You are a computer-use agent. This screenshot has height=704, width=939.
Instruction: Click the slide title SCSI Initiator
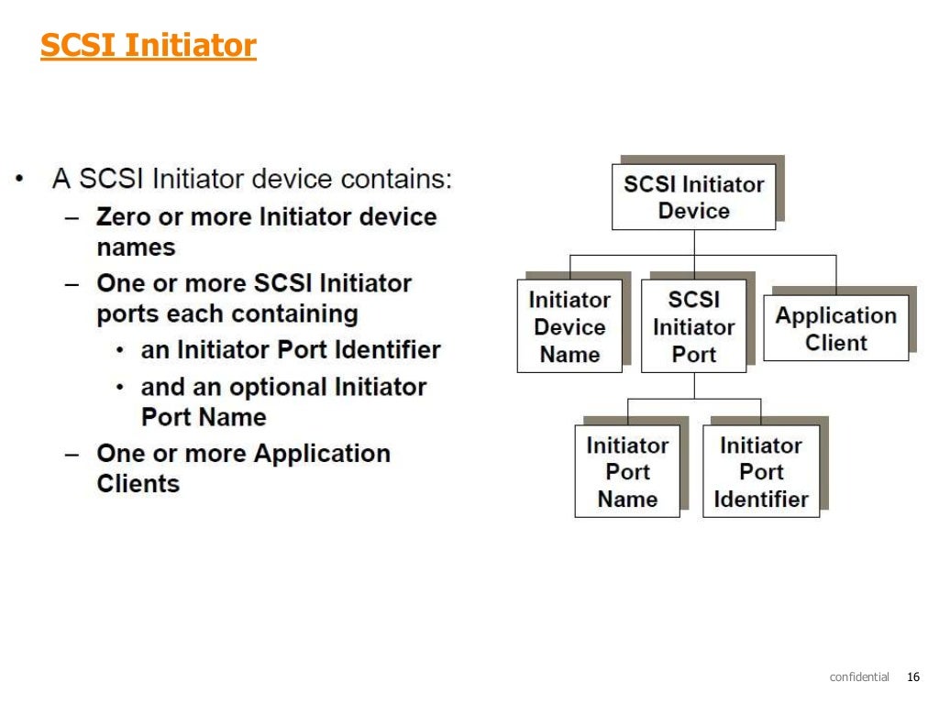point(148,45)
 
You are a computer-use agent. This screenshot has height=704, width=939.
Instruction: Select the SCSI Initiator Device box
point(693,197)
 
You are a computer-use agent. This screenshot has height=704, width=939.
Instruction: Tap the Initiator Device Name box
point(569,327)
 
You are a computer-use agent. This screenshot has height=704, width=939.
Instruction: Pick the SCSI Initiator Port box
point(693,327)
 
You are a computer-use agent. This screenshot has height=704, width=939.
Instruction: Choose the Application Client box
point(835,328)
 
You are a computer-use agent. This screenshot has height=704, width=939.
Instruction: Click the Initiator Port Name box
point(627,472)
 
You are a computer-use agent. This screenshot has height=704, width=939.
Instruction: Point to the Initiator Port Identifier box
point(761,472)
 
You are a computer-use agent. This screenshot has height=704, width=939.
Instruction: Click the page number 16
point(911,677)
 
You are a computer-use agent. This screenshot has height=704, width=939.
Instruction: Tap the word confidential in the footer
point(859,677)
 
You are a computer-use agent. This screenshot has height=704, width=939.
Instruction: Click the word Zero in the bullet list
point(124,217)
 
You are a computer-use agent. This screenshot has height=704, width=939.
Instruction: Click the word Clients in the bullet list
point(138,483)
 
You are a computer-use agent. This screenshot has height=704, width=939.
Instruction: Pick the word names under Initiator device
point(136,247)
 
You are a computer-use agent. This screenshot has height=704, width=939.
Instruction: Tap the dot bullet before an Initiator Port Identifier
point(121,350)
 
